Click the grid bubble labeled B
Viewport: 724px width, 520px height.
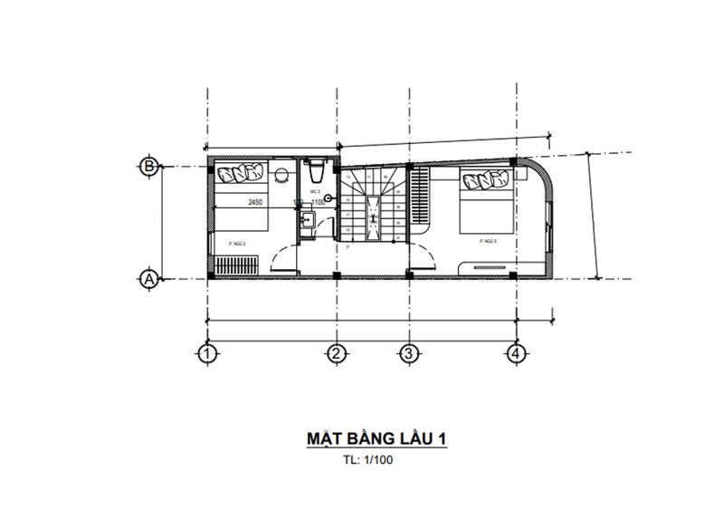click(x=150, y=166)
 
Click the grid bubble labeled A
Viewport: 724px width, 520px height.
click(x=150, y=280)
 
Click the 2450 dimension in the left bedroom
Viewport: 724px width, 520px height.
click(x=254, y=204)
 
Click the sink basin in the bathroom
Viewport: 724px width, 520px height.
click(x=307, y=220)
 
